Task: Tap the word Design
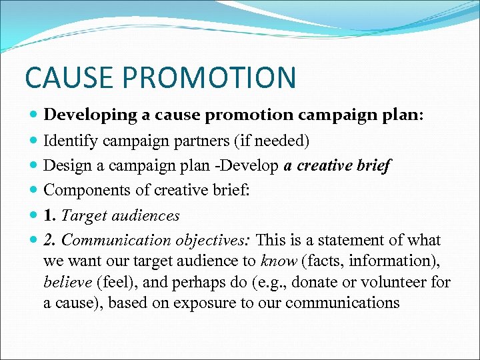pyautogui.click(x=64, y=165)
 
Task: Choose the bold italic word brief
pyautogui.click(x=373, y=165)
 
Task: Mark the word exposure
pyautogui.click(x=202, y=303)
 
